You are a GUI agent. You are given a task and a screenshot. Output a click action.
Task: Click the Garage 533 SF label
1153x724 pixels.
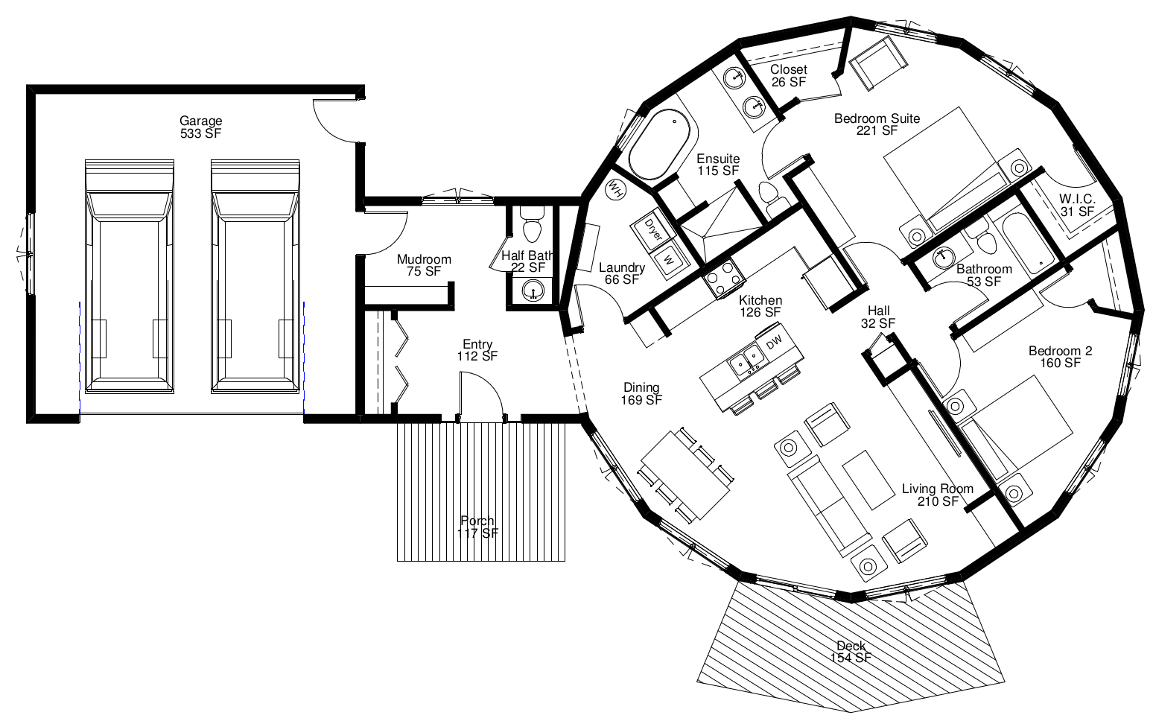click(x=201, y=127)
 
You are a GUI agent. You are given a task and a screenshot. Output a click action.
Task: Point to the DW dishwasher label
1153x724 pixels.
click(x=774, y=341)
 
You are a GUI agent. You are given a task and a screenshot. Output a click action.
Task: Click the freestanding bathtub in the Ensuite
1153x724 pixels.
click(x=661, y=144)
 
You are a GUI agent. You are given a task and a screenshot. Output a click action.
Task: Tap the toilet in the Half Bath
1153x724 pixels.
click(x=532, y=224)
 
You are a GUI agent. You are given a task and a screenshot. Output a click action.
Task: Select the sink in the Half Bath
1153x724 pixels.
click(x=533, y=291)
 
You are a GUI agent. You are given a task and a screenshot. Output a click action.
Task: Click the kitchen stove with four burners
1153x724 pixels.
click(x=722, y=279)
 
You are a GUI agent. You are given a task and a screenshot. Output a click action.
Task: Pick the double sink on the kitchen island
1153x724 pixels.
click(x=746, y=360)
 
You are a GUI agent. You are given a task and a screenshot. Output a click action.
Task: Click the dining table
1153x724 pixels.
click(x=685, y=475)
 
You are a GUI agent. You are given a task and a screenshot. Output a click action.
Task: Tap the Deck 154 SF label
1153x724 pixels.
click(x=851, y=652)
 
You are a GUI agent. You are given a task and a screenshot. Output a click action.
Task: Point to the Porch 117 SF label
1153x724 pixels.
click(x=477, y=527)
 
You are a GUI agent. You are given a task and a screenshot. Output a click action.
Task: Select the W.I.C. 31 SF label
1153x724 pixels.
click(x=1077, y=205)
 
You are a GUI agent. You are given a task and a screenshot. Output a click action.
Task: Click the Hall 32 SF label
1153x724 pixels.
click(x=878, y=317)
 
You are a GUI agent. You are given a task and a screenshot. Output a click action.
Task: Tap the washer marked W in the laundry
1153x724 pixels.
click(x=669, y=260)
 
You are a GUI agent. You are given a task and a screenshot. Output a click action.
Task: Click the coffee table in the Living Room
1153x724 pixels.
click(x=868, y=480)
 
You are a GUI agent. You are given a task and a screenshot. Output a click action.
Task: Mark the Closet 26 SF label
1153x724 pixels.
click(x=789, y=76)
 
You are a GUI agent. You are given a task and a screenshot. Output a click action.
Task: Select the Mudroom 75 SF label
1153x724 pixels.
click(x=424, y=265)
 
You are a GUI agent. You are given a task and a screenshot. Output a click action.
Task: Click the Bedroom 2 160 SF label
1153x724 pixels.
click(x=1061, y=357)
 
